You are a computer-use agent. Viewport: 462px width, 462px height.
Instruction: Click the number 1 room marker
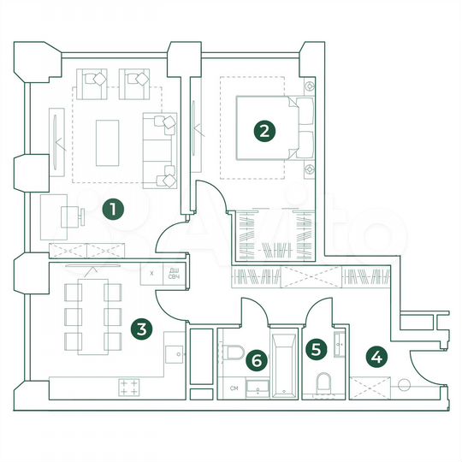pyautogui.click(x=110, y=209)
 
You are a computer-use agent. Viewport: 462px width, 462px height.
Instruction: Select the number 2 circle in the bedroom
pyautogui.click(x=265, y=131)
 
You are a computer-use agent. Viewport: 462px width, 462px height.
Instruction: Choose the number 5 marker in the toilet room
pyautogui.click(x=317, y=349)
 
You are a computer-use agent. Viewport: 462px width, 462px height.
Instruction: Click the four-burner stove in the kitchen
pyautogui.click(x=129, y=387)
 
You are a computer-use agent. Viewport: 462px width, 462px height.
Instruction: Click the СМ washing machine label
pyautogui.click(x=234, y=389)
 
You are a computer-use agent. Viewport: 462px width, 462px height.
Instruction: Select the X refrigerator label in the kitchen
pyautogui.click(x=151, y=273)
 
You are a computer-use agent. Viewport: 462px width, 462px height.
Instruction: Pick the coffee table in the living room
pyautogui.click(x=109, y=142)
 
